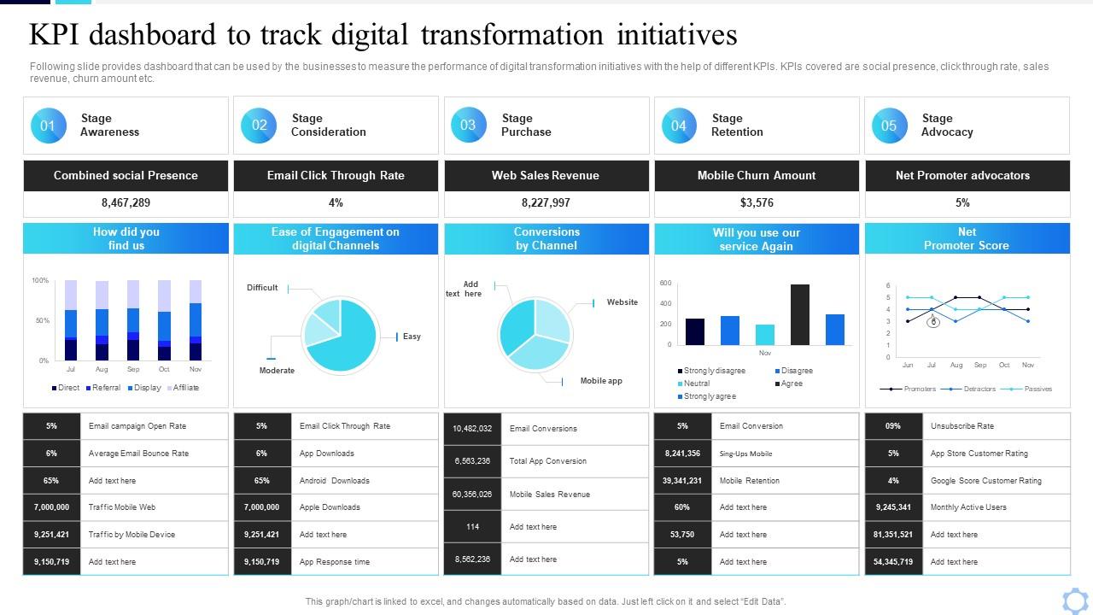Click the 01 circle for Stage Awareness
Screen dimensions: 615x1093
(48, 126)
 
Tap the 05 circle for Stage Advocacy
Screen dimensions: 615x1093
(889, 126)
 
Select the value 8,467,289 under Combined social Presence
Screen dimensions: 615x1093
(126, 203)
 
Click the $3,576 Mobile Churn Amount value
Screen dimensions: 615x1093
(757, 203)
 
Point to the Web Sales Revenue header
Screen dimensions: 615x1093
(546, 176)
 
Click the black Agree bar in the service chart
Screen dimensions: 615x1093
(800, 315)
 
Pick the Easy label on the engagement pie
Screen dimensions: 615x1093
(412, 337)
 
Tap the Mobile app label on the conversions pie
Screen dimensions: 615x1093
(601, 381)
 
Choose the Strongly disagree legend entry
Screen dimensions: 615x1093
(712, 371)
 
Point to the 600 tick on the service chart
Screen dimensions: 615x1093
(666, 283)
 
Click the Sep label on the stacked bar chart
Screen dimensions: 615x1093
(133, 370)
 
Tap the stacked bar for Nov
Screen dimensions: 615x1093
(196, 320)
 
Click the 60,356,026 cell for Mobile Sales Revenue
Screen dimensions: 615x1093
(472, 495)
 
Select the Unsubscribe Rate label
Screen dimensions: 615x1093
(961, 426)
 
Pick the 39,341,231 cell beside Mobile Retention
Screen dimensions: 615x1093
(682, 481)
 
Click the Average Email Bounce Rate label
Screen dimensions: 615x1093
(138, 454)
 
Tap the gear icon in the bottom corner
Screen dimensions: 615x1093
(1075, 600)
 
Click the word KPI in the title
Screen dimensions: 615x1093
(57, 35)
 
